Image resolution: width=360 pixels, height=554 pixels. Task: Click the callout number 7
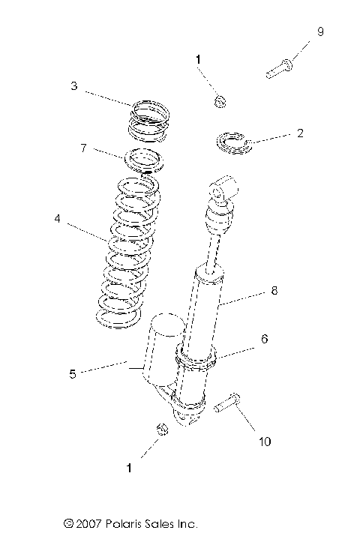pos(84,148)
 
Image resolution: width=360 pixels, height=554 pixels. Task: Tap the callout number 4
pos(58,220)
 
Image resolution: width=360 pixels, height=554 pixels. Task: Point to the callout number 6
pos(264,338)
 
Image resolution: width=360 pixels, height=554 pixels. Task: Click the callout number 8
pos(274,291)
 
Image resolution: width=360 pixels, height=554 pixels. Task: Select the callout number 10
pos(265,442)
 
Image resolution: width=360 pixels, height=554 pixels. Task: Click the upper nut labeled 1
pos(220,101)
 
